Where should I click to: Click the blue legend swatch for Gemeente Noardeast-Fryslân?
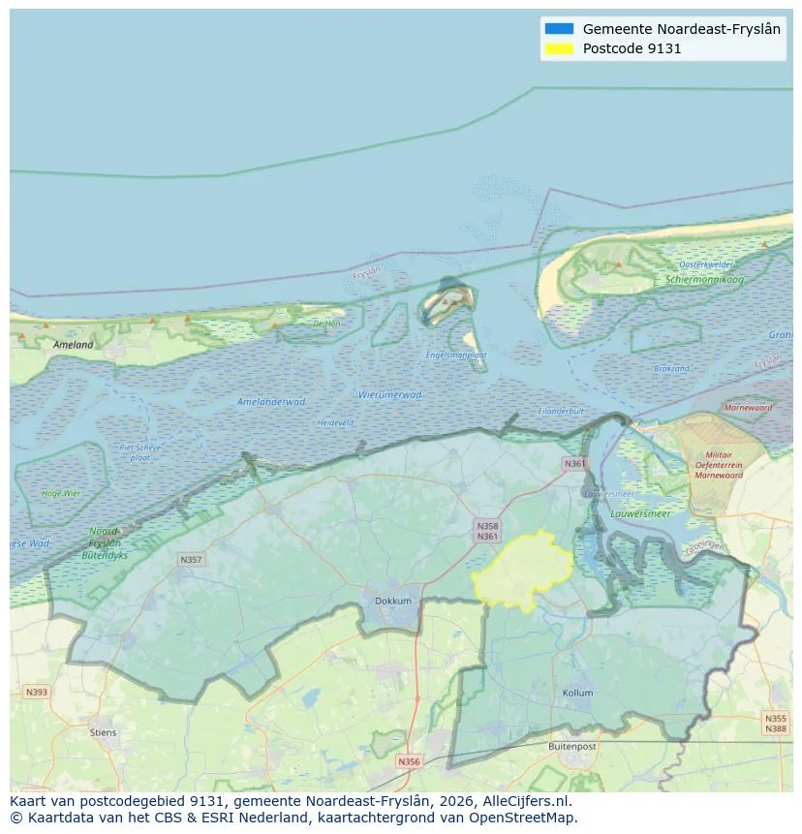[559, 29]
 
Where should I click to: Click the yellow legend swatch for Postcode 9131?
[559, 48]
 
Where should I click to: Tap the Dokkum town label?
[393, 601]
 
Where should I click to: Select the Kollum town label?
[577, 694]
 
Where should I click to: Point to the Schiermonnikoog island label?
[704, 279]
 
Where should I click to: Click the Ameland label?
[74, 344]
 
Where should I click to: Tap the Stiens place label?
[104, 732]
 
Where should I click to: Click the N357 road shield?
[191, 560]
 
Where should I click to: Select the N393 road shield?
[37, 692]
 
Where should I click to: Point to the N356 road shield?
[409, 761]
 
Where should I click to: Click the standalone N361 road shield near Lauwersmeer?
[575, 464]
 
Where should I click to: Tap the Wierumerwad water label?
[389, 394]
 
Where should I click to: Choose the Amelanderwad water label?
[271, 401]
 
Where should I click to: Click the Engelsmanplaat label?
[456, 355]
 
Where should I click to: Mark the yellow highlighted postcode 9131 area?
[523, 571]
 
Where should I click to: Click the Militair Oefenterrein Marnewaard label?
[718, 465]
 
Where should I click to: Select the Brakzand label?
[671, 369]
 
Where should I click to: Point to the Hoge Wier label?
[61, 493]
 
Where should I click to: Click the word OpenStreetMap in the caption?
[523, 818]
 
